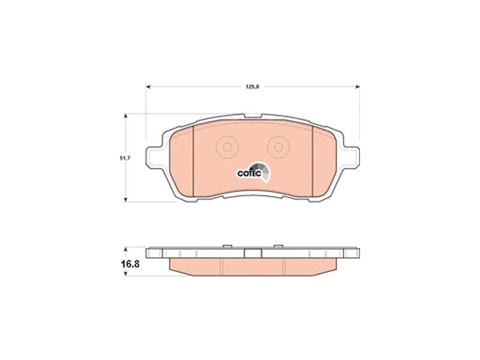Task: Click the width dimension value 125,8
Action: [253, 86]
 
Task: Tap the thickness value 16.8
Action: [130, 264]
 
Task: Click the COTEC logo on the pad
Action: [254, 172]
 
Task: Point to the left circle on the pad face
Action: [227, 147]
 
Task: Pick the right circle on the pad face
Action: [278, 147]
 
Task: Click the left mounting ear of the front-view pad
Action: [154, 158]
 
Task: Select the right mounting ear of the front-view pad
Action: [351, 158]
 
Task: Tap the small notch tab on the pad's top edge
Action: [253, 116]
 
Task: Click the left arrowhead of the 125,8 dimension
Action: [148, 87]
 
